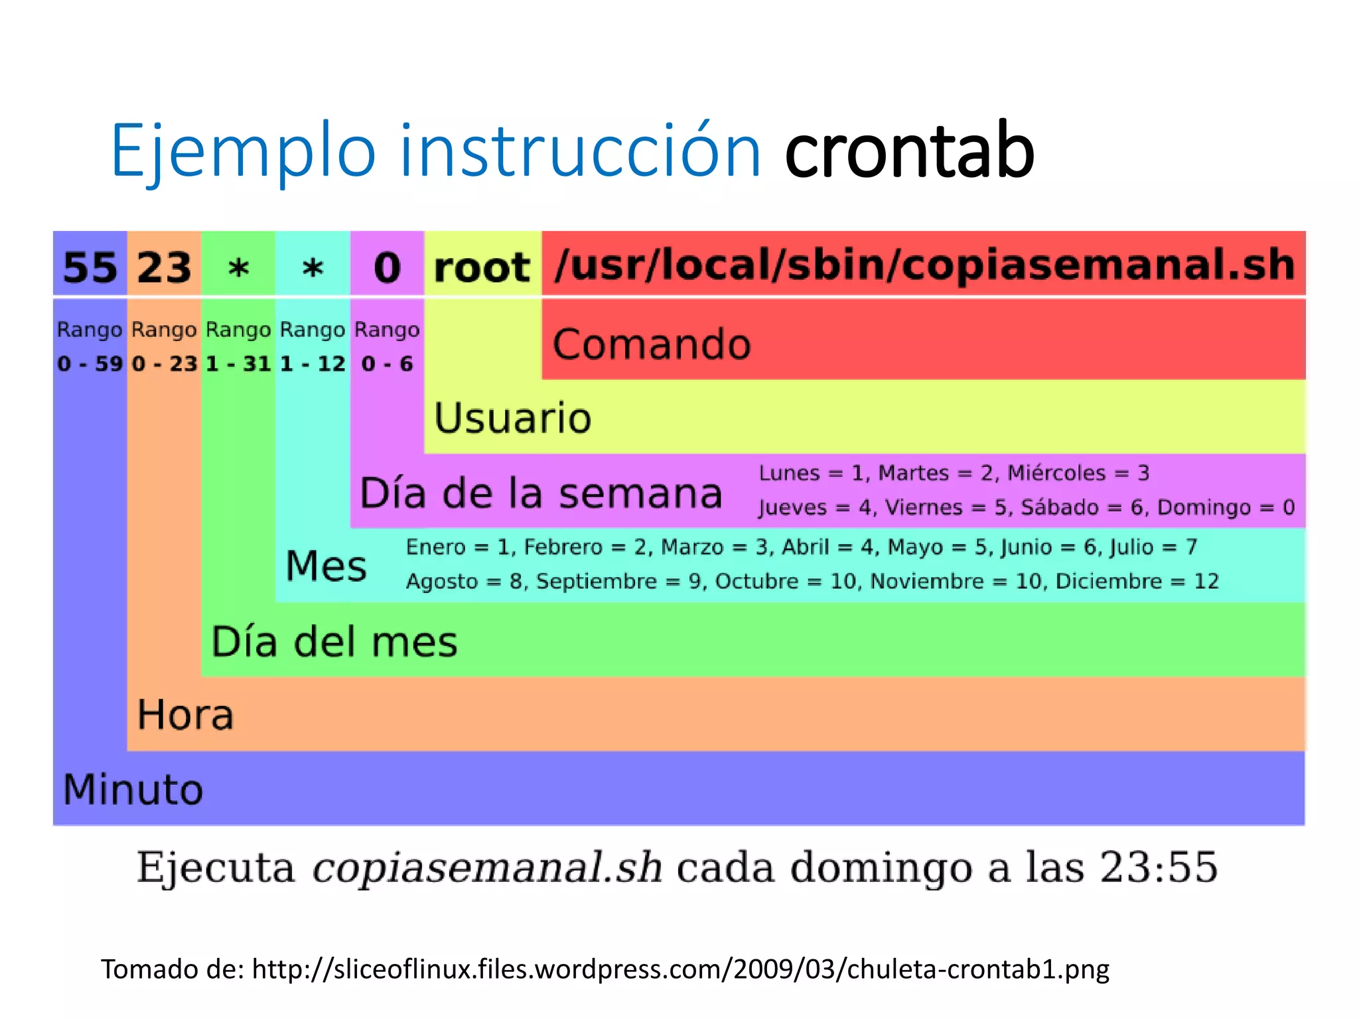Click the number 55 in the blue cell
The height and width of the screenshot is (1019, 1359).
coord(90,267)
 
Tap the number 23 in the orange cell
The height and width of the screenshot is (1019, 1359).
coord(164,267)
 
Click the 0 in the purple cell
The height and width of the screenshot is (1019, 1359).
coord(388,267)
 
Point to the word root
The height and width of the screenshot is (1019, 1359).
coord(482,267)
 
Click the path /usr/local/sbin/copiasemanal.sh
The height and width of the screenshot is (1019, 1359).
coord(924,265)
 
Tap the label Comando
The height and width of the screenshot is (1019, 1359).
coord(652,344)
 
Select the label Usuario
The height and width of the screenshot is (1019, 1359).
coord(512,418)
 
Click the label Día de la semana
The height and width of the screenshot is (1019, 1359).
coord(541,493)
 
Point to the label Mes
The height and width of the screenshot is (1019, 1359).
coord(326,566)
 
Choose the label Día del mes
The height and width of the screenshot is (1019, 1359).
coord(334,642)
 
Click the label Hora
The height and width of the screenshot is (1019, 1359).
coord(185,714)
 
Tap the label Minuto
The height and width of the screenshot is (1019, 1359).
coord(133,789)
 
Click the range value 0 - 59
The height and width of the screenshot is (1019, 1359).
coord(90,364)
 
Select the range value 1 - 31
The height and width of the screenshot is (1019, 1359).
coord(238,364)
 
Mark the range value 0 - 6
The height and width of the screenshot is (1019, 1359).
coord(388,364)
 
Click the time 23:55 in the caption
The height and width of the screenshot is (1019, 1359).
coord(1159,866)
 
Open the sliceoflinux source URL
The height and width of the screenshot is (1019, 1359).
coord(680,969)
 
